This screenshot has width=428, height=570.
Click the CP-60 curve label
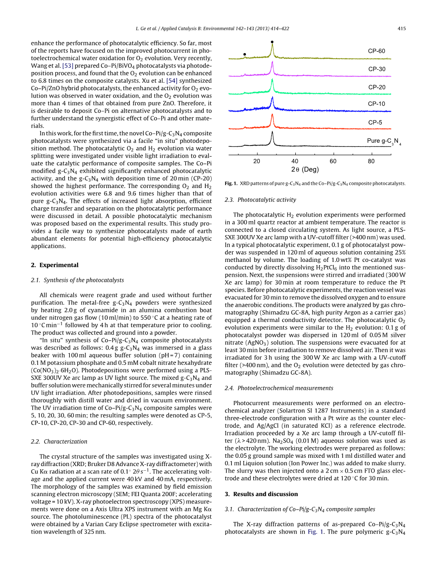376,51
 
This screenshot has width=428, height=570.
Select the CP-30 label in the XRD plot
376,69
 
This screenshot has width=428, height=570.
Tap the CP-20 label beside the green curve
376,87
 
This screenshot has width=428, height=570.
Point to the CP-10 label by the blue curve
376,104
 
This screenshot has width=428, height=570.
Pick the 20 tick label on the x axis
257,161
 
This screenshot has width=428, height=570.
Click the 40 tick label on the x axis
295,161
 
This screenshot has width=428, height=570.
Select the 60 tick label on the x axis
333,161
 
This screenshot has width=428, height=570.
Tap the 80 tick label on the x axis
371,161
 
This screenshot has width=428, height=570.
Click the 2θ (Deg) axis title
305,170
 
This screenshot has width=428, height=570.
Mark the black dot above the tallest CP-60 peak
272,42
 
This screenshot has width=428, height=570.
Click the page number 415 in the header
401,29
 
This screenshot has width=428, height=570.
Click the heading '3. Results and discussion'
261,494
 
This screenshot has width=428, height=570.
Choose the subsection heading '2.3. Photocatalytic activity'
260,200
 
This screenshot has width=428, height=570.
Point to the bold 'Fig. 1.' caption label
231,183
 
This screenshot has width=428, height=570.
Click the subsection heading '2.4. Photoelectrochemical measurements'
279,388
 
